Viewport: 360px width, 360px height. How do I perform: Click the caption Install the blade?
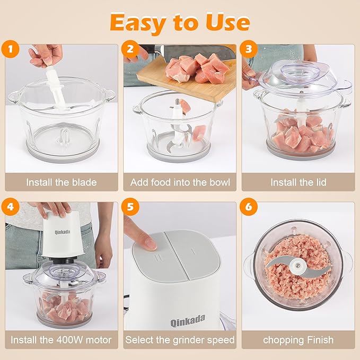click(x=62, y=182)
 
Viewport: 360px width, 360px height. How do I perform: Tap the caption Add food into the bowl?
click(x=180, y=182)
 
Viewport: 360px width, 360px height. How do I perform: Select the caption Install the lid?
click(x=298, y=182)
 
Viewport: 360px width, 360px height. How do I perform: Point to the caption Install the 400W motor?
click(x=62, y=340)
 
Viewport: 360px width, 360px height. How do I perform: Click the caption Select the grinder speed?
click(x=180, y=340)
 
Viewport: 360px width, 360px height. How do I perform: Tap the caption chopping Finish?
click(x=298, y=340)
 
